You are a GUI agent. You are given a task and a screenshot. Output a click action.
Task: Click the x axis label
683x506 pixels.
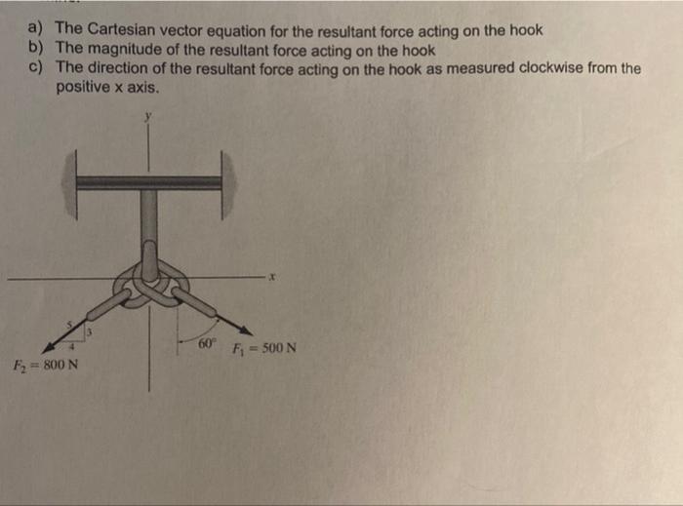pos(274,278)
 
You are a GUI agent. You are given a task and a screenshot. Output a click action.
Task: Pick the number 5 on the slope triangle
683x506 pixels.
pos(69,325)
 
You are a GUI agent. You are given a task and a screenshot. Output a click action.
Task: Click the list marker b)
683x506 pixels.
pos(37,49)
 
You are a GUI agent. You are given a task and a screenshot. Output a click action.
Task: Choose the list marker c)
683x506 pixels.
pos(37,68)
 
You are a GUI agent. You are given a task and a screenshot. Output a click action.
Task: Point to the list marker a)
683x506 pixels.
pos(37,29)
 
